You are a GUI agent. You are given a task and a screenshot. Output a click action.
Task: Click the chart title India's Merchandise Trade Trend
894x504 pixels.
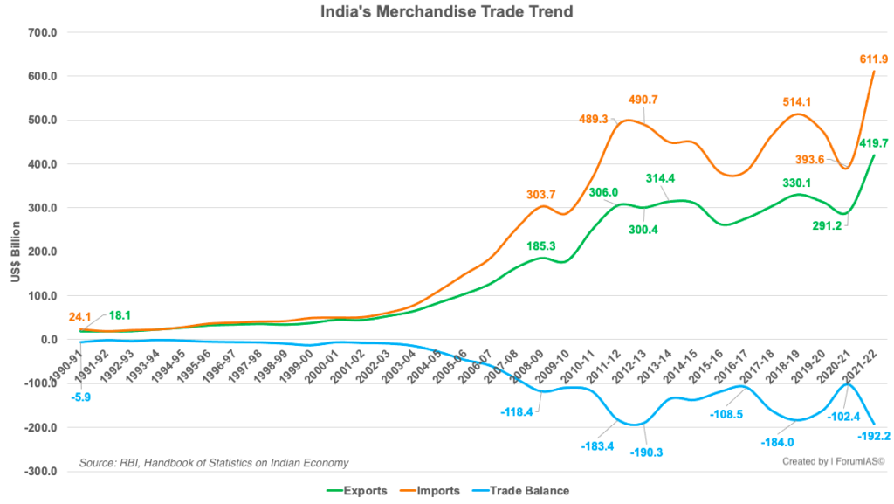click(x=446, y=12)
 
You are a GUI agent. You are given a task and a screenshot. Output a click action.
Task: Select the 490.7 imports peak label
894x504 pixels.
click(x=642, y=100)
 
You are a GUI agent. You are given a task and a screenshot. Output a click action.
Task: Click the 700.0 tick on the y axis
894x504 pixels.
click(x=43, y=32)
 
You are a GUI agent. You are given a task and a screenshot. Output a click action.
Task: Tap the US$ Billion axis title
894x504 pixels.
click(x=16, y=253)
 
